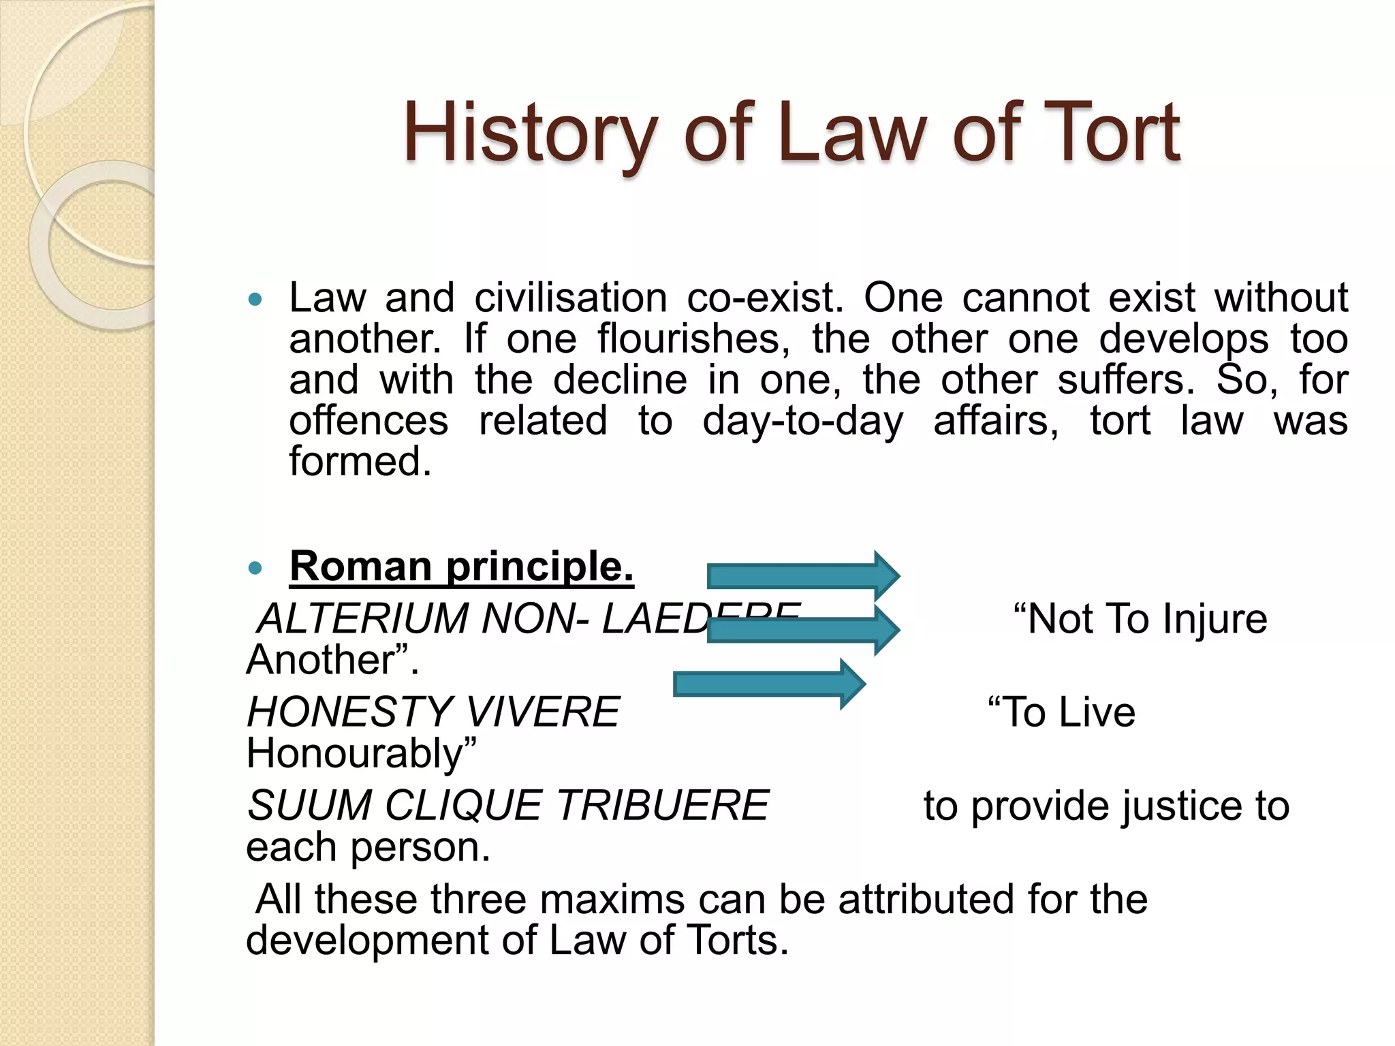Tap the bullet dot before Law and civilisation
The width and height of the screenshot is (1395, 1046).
pos(255,299)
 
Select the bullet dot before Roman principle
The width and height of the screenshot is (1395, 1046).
pos(255,567)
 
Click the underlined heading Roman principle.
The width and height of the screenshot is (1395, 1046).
pos(461,567)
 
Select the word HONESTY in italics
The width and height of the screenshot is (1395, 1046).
pos(349,712)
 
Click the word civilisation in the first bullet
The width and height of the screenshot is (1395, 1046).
pos(571,299)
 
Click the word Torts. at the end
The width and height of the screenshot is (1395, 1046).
pos(737,940)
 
